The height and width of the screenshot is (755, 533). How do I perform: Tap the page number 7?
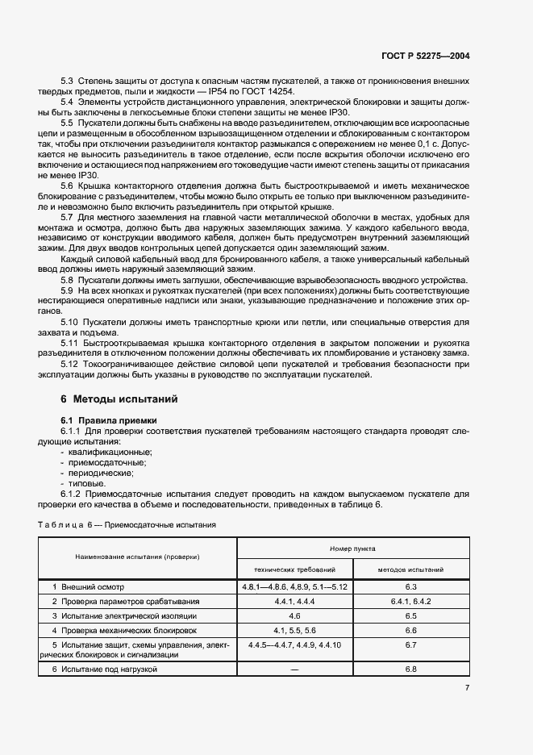coord(467,687)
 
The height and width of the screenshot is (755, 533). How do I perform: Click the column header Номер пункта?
coord(352,547)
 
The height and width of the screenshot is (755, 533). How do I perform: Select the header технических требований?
coord(294,569)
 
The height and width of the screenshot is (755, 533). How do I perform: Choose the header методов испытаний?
coord(410,569)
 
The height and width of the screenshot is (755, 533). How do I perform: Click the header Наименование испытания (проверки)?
coord(138,557)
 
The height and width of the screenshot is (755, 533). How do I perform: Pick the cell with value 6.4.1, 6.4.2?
coord(410,601)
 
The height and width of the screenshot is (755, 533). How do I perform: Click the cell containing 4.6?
coord(294,615)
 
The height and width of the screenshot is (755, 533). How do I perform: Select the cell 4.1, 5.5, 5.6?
coord(294,630)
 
